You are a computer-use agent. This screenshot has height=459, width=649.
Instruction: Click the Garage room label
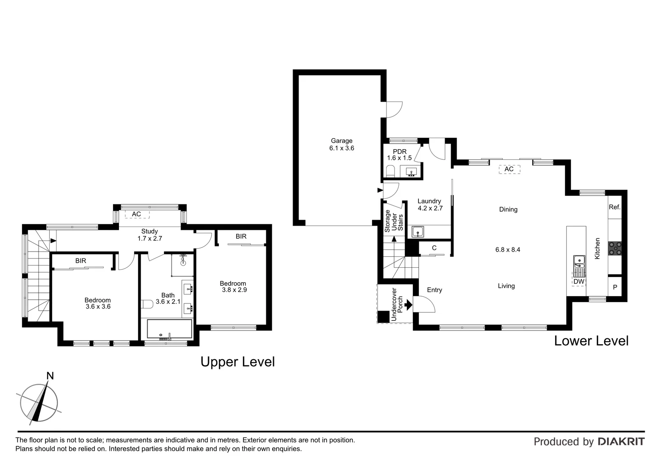point(341,141)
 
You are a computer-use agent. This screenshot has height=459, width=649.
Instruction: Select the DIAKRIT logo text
point(621,442)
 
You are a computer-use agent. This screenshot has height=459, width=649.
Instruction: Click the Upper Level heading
point(237,362)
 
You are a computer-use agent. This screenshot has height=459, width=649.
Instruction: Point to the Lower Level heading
point(591,341)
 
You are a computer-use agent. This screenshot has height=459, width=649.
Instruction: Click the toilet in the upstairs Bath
point(147,304)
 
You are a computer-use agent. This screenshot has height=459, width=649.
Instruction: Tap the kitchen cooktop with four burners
point(615,248)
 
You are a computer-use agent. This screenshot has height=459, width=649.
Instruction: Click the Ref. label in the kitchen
point(615,207)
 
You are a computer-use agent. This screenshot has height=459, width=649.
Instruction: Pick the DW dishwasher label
point(579,281)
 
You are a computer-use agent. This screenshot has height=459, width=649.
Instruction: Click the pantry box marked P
point(615,288)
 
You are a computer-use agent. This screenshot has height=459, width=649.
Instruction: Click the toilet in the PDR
point(390,171)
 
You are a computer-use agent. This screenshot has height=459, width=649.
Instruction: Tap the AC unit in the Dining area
point(509,169)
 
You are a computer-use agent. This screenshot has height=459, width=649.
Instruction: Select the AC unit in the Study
point(136,214)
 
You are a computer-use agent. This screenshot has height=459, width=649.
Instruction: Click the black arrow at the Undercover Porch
point(409,304)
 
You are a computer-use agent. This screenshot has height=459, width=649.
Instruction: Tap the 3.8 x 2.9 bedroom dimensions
point(234,290)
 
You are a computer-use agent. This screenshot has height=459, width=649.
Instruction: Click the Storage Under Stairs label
point(394,221)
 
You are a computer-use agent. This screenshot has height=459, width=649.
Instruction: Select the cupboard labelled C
point(434,248)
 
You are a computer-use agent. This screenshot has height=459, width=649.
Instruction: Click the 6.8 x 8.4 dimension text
point(508,249)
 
